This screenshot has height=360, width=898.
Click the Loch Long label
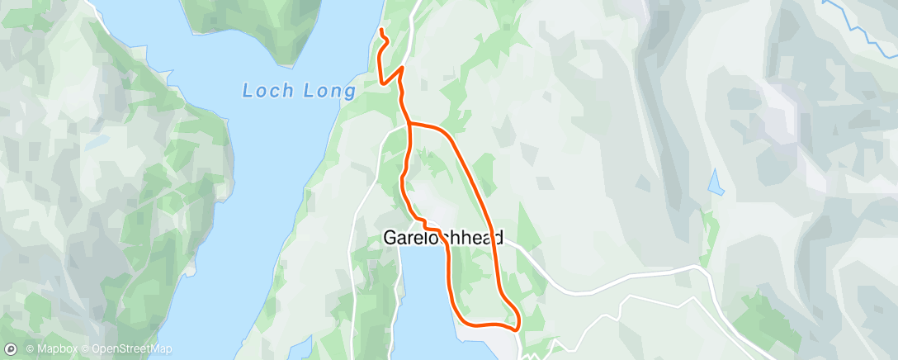click(x=298, y=90)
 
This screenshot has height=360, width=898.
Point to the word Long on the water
click(x=328, y=90)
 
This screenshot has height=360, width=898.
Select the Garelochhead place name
click(x=443, y=238)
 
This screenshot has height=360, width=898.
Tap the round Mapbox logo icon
click(x=11, y=349)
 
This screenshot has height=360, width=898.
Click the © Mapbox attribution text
click(x=51, y=349)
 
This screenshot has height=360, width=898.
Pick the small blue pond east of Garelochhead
click(x=716, y=182)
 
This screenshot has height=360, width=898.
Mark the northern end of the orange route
click(x=381, y=31)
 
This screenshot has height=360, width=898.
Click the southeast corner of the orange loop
click(x=518, y=327)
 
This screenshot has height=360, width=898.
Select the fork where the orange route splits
click(x=409, y=124)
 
